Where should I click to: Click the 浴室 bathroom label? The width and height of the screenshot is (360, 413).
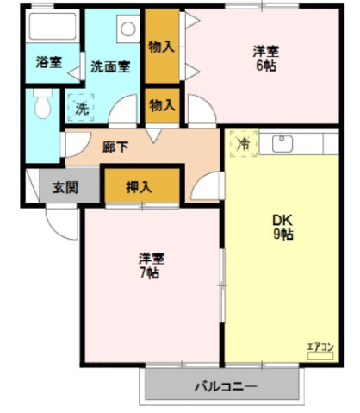click(49, 62)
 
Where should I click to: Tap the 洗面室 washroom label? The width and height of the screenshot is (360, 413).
click(110, 66)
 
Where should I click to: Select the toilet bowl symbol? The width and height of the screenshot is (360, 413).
click(42, 103)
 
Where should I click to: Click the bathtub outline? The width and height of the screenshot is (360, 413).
click(53, 26)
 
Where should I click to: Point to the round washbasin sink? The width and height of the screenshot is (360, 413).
click(128, 28)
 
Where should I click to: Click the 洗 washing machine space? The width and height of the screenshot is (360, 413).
click(81, 108)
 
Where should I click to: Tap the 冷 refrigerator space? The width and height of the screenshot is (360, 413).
click(244, 144)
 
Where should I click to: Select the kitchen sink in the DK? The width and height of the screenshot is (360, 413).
click(282, 144)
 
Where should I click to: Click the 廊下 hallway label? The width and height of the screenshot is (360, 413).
click(115, 147)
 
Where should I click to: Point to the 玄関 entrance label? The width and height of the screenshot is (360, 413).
click(65, 188)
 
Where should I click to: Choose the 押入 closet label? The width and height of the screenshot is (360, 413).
click(139, 187)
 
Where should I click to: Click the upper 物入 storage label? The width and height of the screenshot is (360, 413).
click(162, 47)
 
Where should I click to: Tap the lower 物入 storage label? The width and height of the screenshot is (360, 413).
click(162, 105)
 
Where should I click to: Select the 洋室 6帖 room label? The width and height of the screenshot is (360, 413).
click(266, 59)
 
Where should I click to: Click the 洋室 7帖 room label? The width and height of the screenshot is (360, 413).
click(152, 266)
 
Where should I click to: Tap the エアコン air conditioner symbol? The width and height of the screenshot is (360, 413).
click(320, 351)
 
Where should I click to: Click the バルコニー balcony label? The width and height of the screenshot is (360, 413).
click(226, 386)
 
